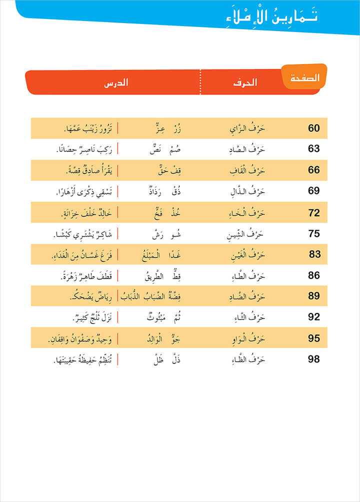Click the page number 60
point(313,128)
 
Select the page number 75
point(314,233)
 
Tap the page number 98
point(314,358)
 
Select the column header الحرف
point(245,82)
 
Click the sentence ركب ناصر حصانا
point(83,149)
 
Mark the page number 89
point(314,296)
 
